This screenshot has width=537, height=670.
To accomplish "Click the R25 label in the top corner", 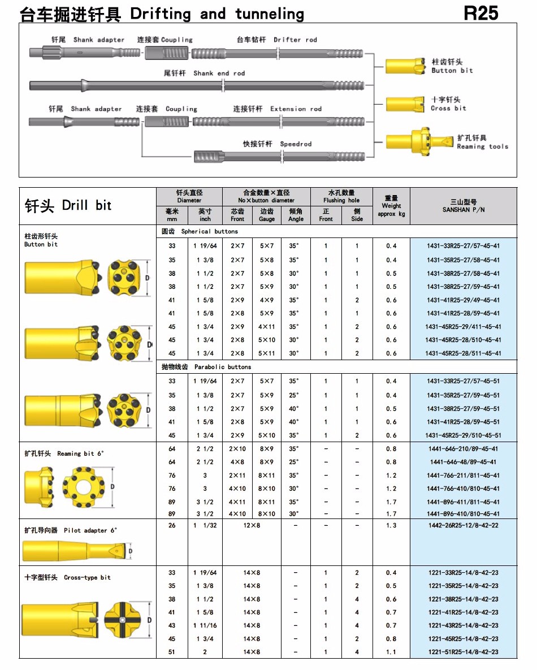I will [x=481, y=13].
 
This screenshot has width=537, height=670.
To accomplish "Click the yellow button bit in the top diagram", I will [x=405, y=66].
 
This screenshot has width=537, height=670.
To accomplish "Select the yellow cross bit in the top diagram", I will [x=404, y=103].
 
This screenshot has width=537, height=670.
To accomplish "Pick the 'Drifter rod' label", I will [x=295, y=40].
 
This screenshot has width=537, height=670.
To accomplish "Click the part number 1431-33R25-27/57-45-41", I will [x=463, y=245].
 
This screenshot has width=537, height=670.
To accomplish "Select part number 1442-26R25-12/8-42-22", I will [x=463, y=526].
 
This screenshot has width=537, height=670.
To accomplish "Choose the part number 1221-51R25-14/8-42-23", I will [x=463, y=652].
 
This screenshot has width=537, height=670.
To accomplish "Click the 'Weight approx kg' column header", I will [x=391, y=206].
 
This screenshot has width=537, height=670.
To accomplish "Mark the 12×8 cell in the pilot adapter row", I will [x=252, y=526].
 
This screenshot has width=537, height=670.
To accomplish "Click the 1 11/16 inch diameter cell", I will [x=205, y=625].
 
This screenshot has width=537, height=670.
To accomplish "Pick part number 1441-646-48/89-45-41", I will [x=463, y=462].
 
